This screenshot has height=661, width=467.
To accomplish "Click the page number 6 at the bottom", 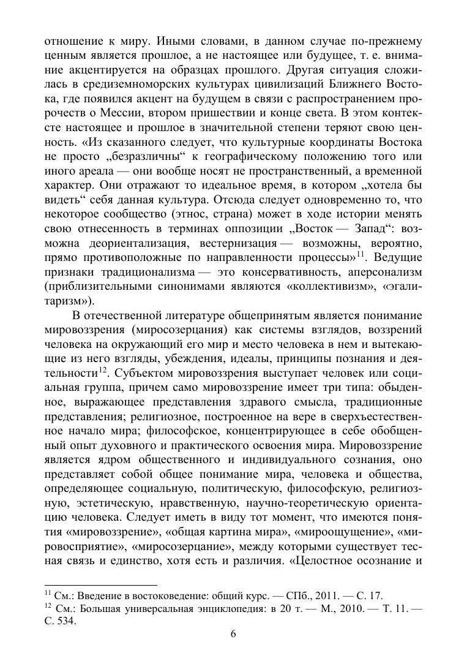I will [233, 634].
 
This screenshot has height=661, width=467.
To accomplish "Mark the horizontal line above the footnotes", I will [102, 586].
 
